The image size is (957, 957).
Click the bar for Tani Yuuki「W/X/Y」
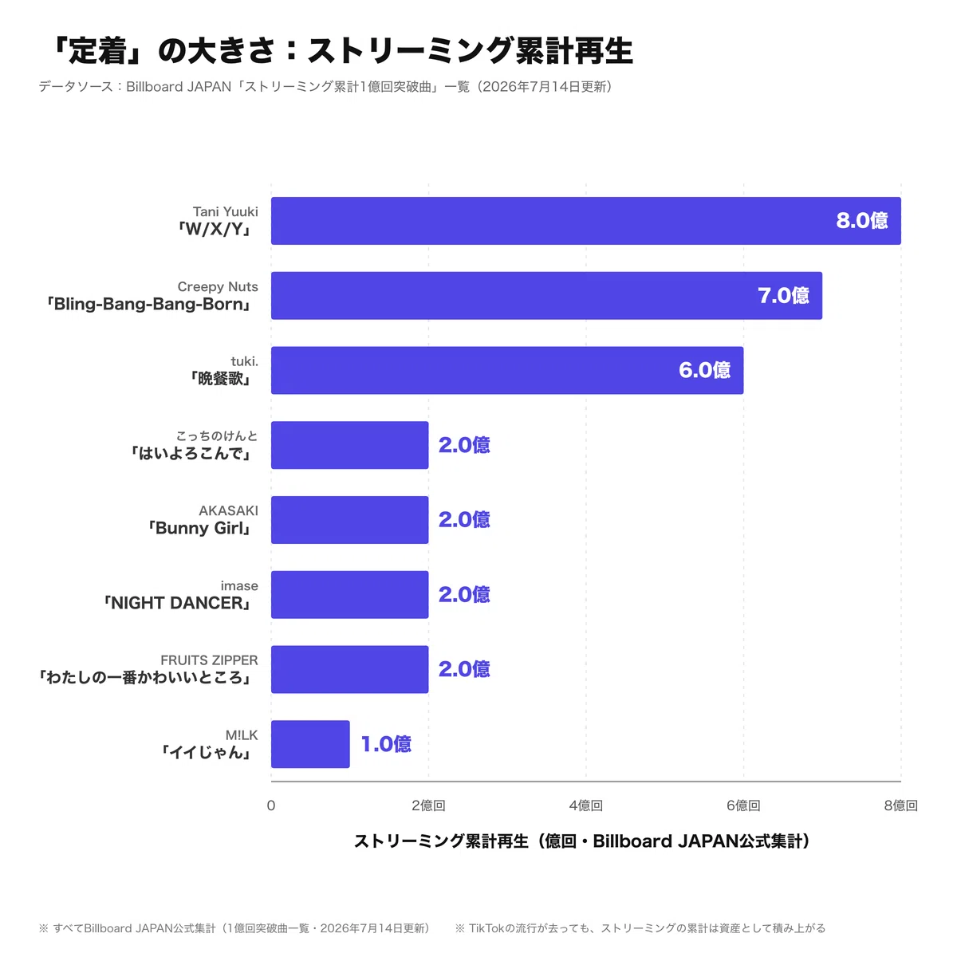tap(585, 220)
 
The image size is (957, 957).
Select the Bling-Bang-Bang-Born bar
tap(546, 296)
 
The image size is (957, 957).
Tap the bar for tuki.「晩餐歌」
tap(507, 371)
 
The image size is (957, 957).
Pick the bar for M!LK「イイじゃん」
tap(310, 744)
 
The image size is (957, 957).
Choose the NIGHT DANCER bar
tap(349, 594)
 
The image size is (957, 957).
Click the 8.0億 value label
tap(861, 220)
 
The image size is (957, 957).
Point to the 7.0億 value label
tap(783, 296)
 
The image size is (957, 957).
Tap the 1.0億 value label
tap(386, 744)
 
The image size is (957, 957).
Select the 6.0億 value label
tap(704, 371)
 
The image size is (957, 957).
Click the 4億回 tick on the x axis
tap(586, 805)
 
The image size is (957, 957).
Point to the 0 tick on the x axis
tap(270, 805)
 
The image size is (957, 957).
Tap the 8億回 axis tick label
tap(901, 805)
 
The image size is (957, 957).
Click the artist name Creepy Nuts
tap(218, 286)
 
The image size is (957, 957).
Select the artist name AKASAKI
tap(228, 510)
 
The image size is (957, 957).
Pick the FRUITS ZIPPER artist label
tap(209, 660)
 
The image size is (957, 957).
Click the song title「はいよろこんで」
tap(191, 454)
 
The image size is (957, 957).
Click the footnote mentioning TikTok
tap(640, 928)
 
